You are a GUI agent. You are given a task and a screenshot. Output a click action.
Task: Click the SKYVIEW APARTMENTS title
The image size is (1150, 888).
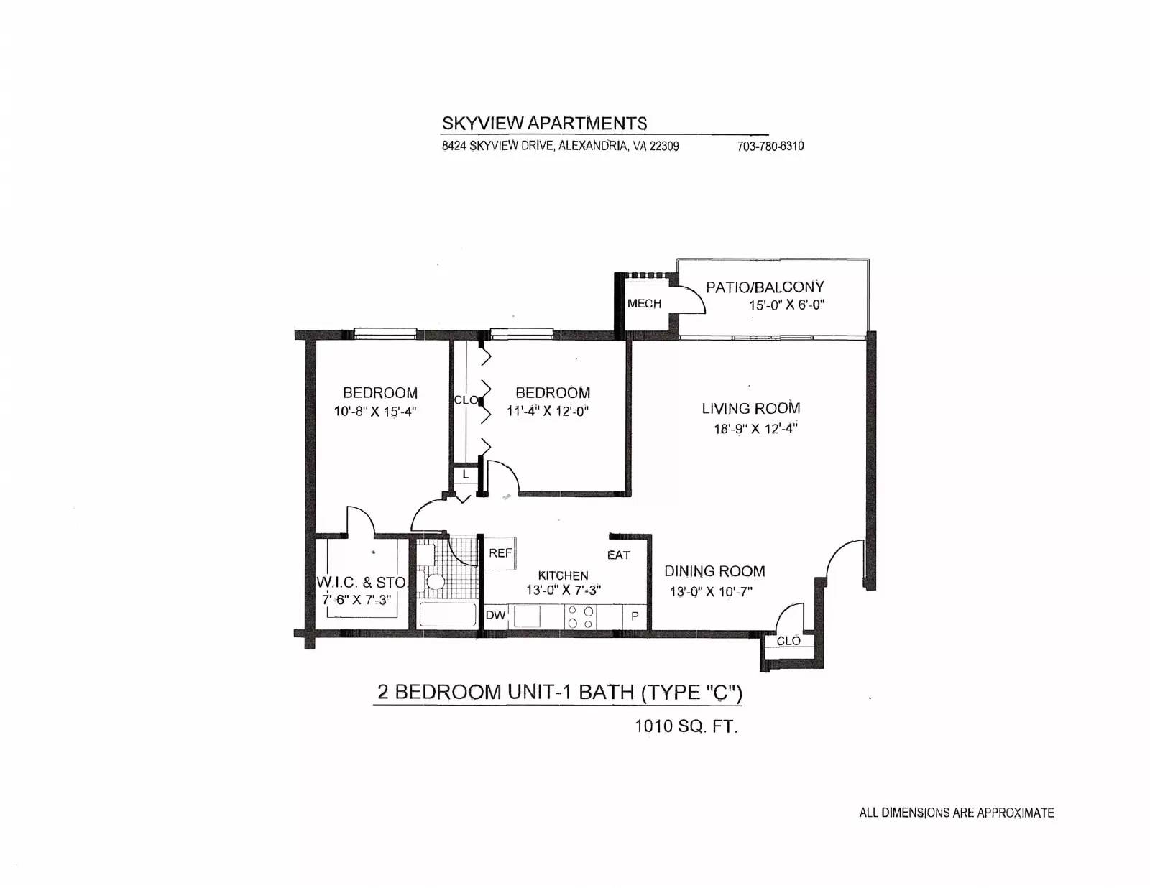click(543, 124)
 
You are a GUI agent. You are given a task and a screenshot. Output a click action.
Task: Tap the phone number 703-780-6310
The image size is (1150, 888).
click(770, 146)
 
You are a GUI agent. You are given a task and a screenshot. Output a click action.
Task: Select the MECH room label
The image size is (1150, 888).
click(644, 304)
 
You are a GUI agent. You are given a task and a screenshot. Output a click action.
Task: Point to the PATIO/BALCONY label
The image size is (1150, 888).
click(765, 287)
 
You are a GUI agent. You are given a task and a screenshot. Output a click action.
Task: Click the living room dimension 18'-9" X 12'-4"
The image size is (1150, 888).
click(755, 428)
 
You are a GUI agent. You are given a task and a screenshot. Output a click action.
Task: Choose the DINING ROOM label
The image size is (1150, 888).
click(714, 571)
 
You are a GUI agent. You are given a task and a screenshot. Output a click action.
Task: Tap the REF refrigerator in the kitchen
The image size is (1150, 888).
click(500, 553)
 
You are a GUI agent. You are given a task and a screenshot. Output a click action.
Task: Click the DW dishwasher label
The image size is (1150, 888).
click(495, 615)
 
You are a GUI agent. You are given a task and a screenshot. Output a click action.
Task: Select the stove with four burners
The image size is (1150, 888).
click(581, 616)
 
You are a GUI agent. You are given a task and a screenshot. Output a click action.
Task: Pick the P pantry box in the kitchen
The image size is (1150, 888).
click(635, 616)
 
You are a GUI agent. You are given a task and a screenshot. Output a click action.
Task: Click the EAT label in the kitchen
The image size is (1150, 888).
click(619, 555)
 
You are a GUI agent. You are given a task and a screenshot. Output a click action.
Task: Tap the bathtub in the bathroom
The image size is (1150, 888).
click(448, 614)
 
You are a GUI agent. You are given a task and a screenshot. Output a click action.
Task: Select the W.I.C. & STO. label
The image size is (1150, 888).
click(362, 583)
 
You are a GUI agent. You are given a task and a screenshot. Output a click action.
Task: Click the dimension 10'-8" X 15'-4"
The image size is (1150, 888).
click(374, 412)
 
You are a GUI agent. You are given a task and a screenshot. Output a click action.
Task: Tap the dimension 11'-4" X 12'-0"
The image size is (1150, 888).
click(548, 412)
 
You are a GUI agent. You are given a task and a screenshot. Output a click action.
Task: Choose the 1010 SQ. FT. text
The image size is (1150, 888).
click(686, 726)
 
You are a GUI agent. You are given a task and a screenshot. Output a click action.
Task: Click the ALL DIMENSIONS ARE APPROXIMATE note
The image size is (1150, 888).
click(957, 813)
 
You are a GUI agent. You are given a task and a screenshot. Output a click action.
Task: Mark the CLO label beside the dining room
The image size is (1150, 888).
click(788, 642)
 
